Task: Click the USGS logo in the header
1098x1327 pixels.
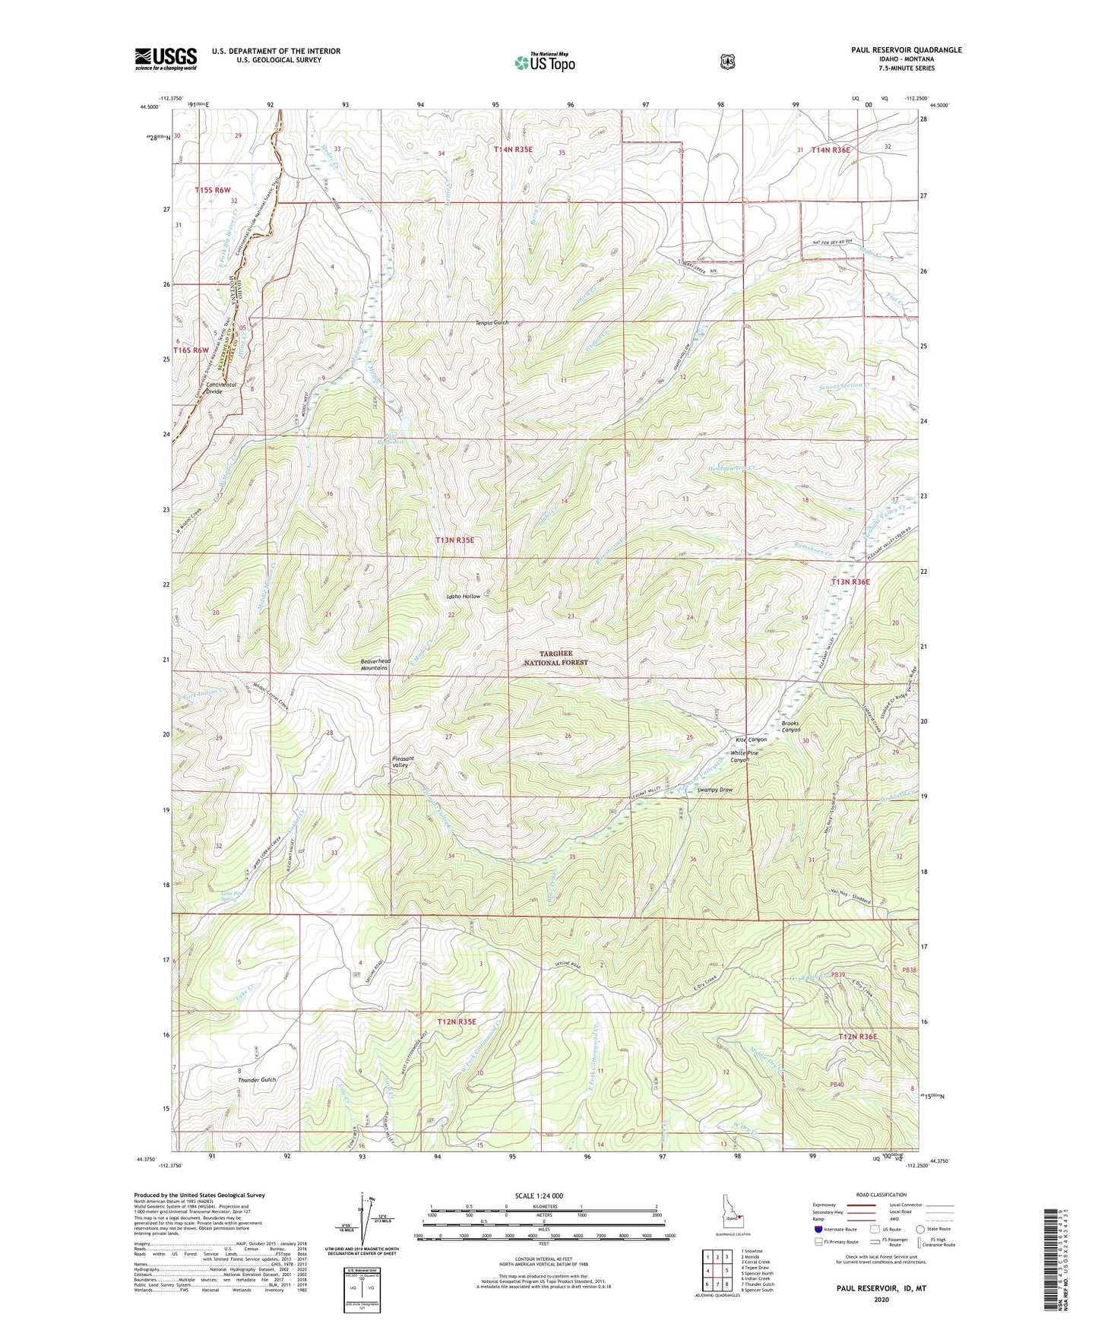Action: [x=166, y=59]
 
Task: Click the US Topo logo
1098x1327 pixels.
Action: [x=544, y=62]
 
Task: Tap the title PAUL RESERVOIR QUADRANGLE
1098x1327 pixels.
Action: [x=907, y=50]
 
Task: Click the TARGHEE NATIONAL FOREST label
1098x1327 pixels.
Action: [x=556, y=658]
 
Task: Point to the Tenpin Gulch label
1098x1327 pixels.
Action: [x=492, y=322]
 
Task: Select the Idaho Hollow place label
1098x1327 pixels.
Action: [x=463, y=597]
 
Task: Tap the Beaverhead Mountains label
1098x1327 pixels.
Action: [x=375, y=665]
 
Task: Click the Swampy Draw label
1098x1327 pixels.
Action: [x=714, y=790]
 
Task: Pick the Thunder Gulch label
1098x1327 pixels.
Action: [x=257, y=1079]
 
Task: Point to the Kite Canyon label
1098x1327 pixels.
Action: [x=751, y=740]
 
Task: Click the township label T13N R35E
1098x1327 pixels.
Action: [x=454, y=540]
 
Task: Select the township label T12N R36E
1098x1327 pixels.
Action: [x=858, y=1037]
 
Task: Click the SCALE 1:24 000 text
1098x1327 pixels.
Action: [x=539, y=1196]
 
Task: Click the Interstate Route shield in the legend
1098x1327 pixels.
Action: [x=818, y=1228]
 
